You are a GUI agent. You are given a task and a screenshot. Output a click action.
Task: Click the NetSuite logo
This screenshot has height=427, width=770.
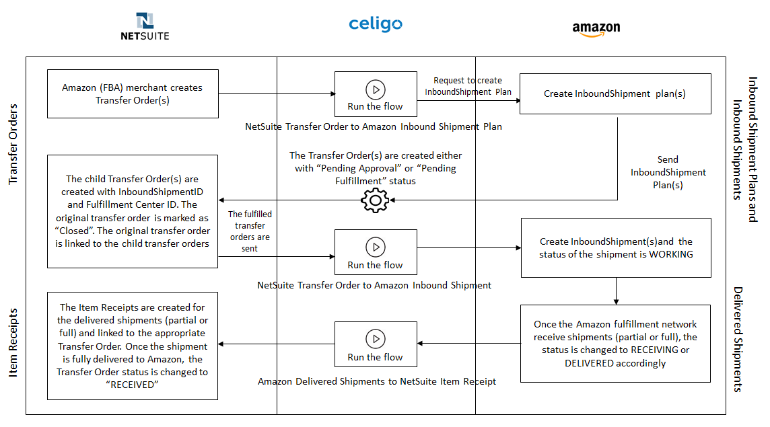[145, 26]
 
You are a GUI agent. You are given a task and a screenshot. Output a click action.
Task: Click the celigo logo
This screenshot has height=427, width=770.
[375, 24]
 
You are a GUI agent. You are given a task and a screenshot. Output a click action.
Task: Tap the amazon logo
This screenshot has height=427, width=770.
[596, 29]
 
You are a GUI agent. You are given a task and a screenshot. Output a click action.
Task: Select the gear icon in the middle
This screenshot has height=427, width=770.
[375, 200]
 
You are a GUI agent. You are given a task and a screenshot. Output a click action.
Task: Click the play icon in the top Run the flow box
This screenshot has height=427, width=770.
[376, 90]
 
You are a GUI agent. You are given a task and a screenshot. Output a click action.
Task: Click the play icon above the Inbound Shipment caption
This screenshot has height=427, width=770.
[376, 247]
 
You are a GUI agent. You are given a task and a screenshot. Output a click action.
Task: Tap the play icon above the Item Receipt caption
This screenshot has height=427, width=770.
[376, 339]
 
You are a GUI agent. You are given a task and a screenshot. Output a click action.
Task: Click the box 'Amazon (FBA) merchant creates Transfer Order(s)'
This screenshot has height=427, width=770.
[133, 93]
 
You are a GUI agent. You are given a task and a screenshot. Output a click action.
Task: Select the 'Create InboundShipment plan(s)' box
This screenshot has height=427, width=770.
[615, 93]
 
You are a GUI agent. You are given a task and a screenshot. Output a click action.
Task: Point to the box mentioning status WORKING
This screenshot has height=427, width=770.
[616, 248]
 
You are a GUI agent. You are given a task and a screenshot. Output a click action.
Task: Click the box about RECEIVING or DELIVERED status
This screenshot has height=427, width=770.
[615, 344]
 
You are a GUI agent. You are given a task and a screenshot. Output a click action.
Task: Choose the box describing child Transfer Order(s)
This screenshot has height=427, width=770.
[133, 212]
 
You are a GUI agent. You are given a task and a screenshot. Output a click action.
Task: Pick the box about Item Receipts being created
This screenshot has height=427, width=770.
[133, 346]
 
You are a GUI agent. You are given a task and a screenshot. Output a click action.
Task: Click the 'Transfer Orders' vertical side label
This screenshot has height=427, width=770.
[13, 145]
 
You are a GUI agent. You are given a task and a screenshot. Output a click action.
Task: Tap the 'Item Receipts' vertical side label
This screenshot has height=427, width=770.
[13, 342]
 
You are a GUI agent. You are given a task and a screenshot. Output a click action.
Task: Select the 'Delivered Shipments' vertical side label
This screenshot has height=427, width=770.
[738, 339]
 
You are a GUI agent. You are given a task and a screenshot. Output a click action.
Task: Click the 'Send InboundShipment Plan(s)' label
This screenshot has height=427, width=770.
[668, 172]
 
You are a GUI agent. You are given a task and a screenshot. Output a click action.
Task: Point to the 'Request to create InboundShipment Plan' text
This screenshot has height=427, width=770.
[468, 86]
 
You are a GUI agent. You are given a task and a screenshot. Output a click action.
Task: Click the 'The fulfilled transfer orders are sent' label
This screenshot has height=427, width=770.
[250, 231]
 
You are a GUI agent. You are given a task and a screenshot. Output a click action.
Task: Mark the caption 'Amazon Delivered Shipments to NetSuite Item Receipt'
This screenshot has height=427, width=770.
[377, 381]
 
